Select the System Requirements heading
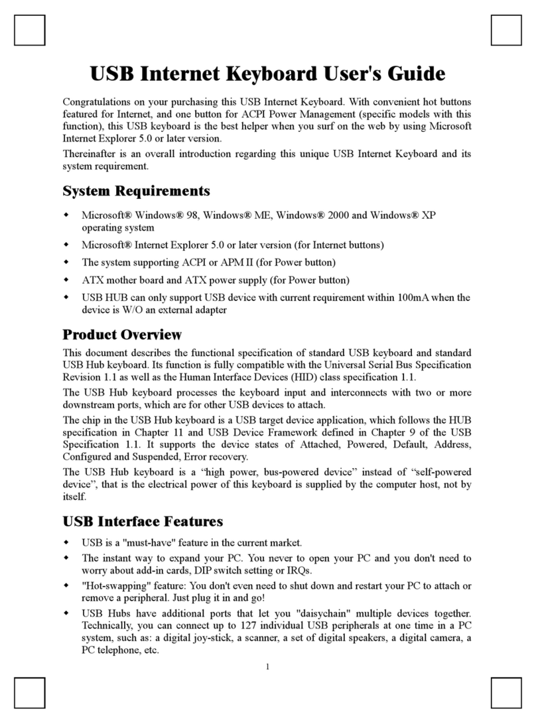tap(136, 191)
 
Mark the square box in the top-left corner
tap(30, 30)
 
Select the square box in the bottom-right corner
tap(506, 694)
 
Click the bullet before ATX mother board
tap(66, 280)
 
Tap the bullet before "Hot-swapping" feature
tap(66, 586)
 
